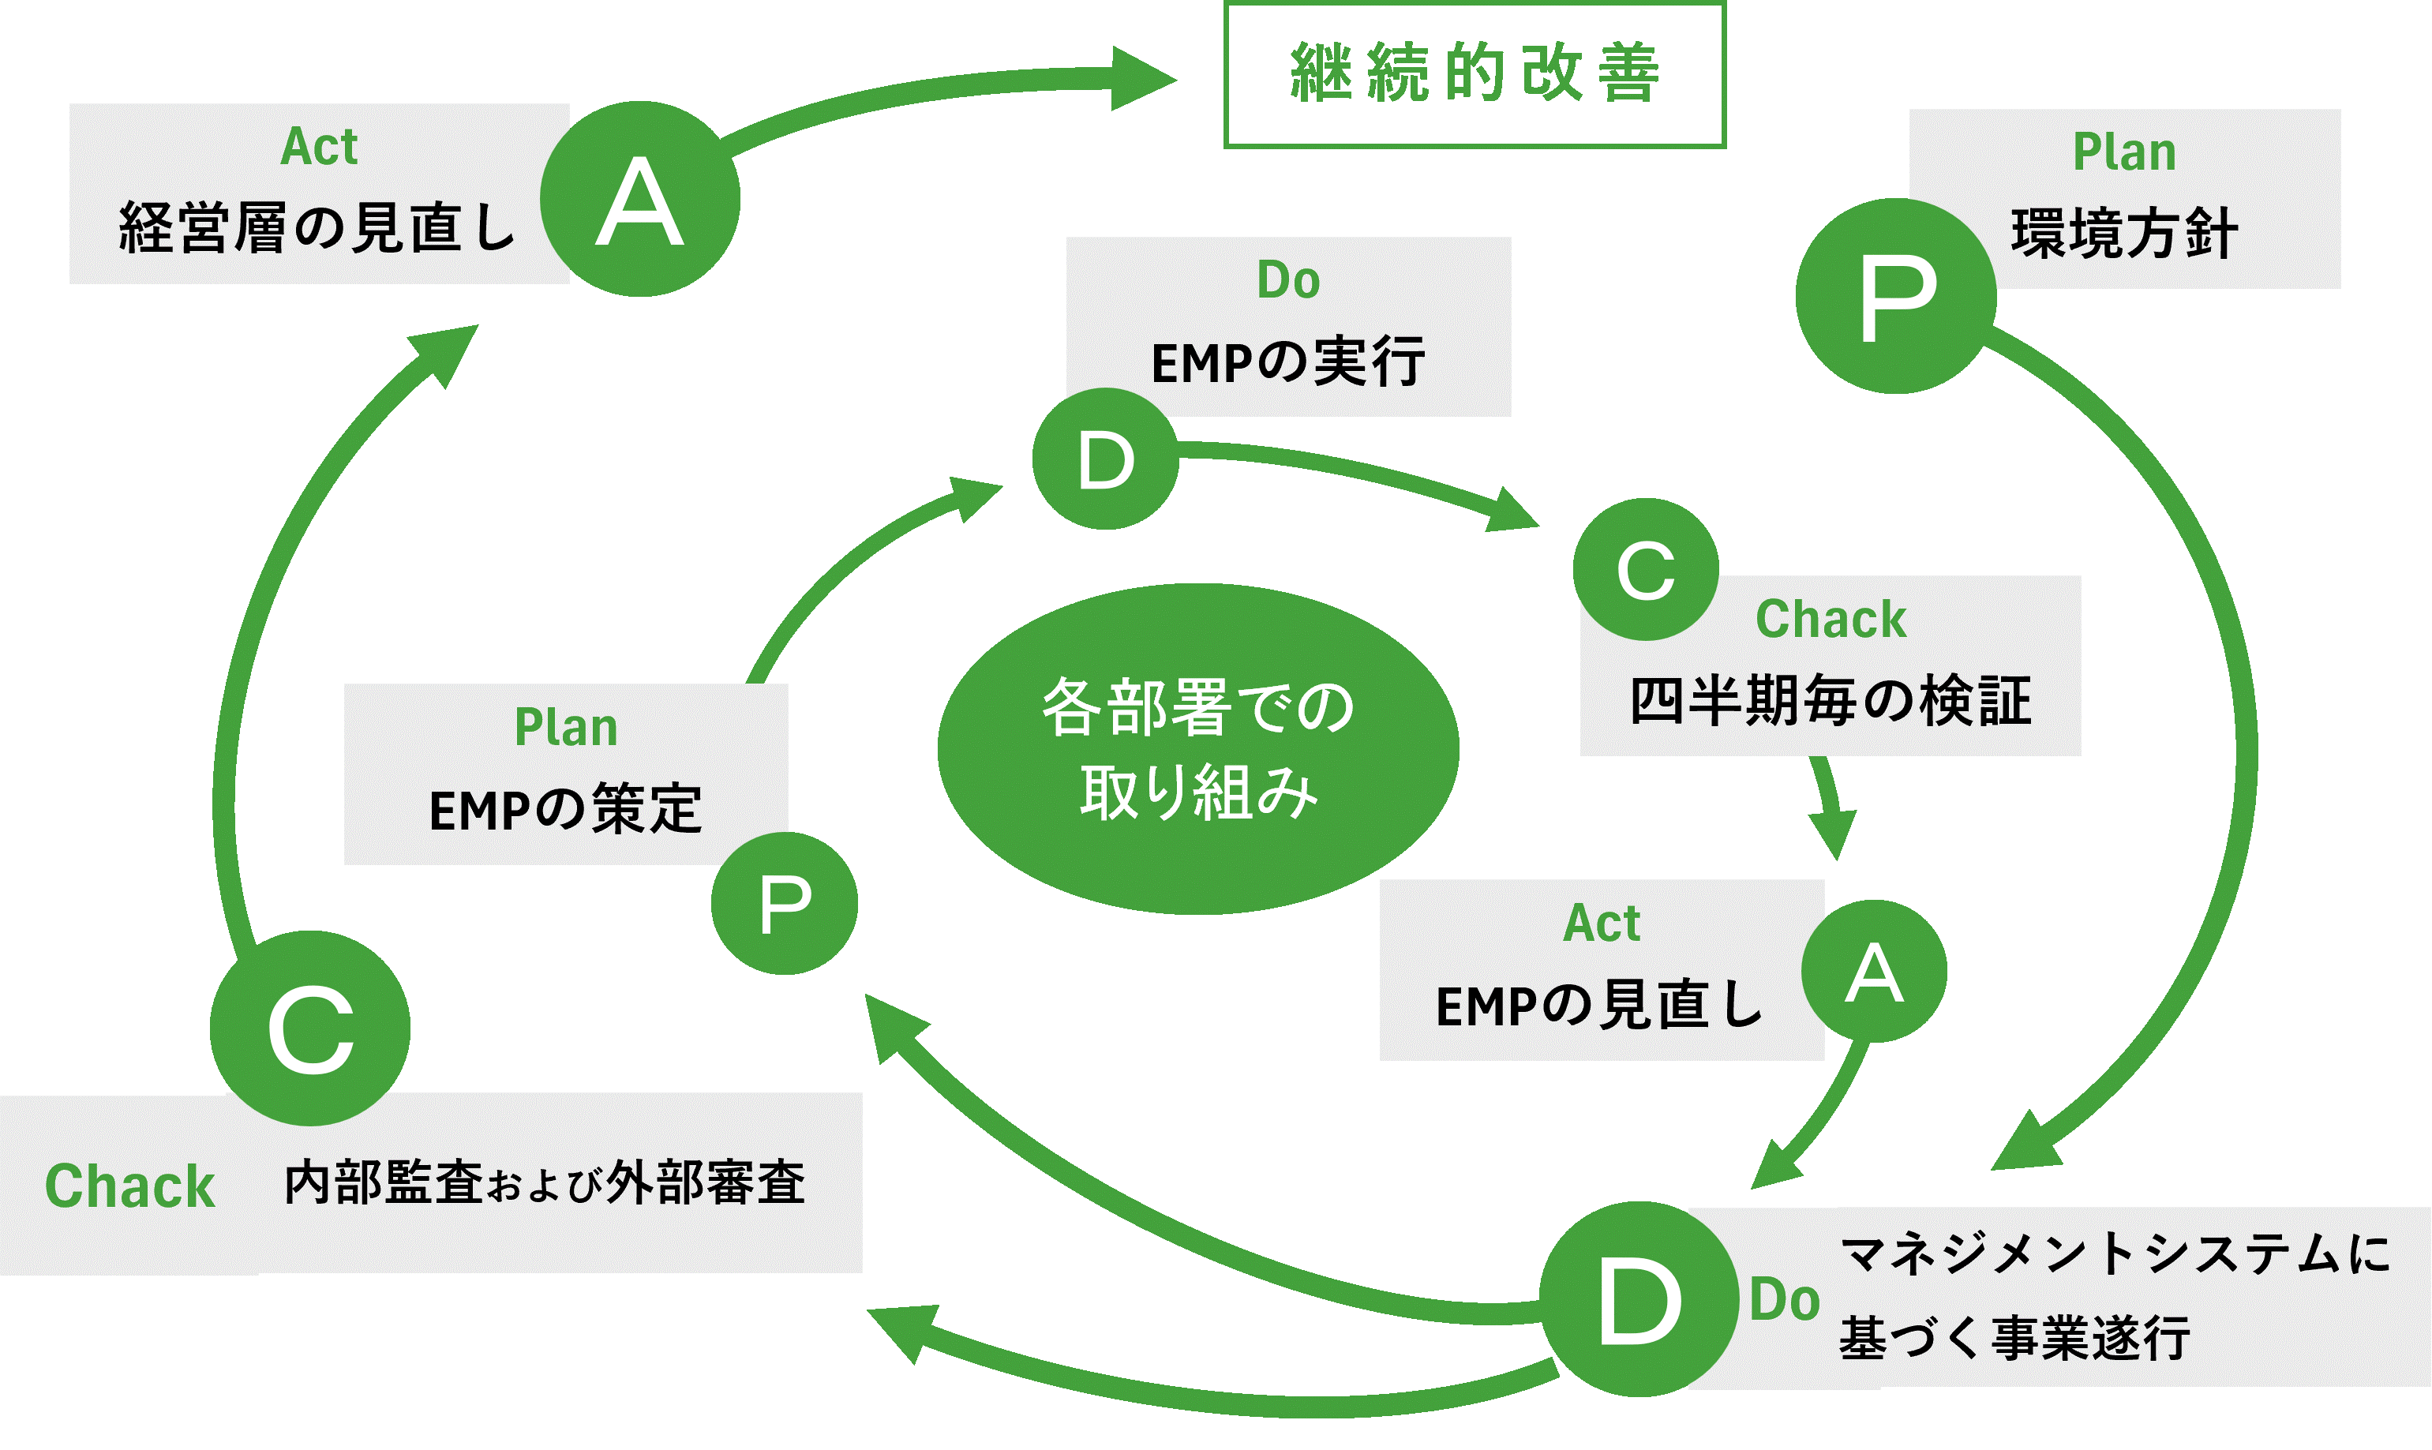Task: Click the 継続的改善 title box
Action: (x=1475, y=75)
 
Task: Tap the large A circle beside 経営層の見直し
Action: (x=640, y=200)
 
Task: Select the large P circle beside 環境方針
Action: (x=1895, y=296)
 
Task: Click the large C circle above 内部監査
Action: (x=309, y=1028)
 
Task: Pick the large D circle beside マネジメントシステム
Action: (x=1639, y=1298)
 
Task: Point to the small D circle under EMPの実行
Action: (x=1105, y=459)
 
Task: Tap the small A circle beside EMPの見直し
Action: (x=1873, y=971)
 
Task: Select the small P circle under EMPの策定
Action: (x=785, y=903)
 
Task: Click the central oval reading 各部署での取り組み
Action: (x=1198, y=748)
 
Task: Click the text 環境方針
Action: (x=2124, y=234)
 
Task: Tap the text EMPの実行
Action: (x=1287, y=362)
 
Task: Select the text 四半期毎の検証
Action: (x=1830, y=701)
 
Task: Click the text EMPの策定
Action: (x=566, y=810)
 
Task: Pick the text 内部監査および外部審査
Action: (x=544, y=1183)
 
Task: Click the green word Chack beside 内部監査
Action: (x=130, y=1186)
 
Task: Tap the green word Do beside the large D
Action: (x=1784, y=1299)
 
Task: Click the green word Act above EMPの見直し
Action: (x=1602, y=923)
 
